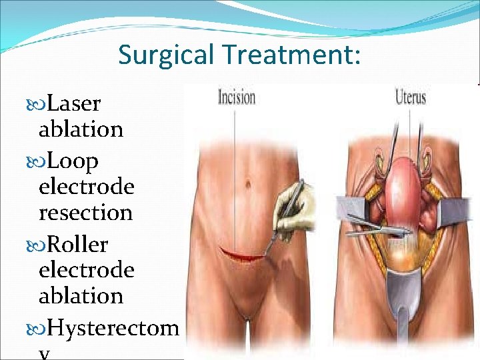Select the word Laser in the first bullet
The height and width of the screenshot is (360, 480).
pos(75,104)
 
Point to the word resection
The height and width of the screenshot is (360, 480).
pos(85,213)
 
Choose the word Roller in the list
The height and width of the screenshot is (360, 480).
pos(78,245)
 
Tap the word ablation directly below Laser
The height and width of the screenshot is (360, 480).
pos(81,129)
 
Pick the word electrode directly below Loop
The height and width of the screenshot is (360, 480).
pos(86,187)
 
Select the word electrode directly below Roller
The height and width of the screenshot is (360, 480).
pos(86,270)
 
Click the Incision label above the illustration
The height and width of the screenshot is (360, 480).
pos(236,97)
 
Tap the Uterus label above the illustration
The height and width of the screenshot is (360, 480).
pos(409,97)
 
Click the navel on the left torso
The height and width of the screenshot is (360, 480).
pos(247,182)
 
